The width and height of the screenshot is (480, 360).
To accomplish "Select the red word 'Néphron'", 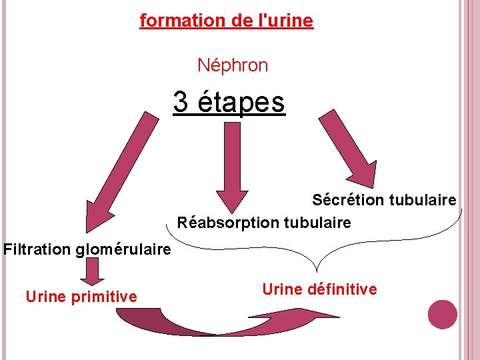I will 233,65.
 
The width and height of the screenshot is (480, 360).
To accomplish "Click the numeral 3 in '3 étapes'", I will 181,102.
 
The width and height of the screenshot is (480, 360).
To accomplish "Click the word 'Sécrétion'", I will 348,200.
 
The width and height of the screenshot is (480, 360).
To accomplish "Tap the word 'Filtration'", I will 37,250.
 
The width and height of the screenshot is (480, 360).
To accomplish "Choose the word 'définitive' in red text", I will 344,289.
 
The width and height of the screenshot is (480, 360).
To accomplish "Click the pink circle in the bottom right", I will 442,314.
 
